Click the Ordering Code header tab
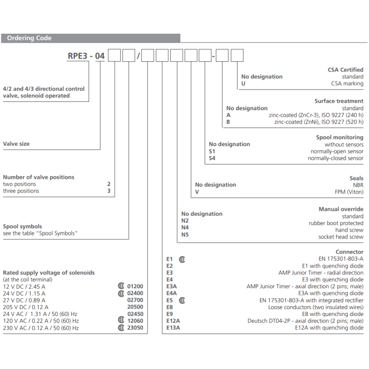[x=29, y=38]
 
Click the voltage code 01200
[x=135, y=286]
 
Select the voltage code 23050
[x=135, y=328]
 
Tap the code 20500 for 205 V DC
[x=135, y=307]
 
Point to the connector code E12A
[x=173, y=321]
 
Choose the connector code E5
[x=169, y=300]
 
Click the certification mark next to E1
[x=182, y=259]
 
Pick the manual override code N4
[x=185, y=227]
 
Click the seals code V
[x=197, y=191]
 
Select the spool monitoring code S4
[x=212, y=158]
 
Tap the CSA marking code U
[x=243, y=83]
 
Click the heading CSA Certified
[x=345, y=70]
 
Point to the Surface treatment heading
[x=339, y=101]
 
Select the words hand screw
[x=349, y=230]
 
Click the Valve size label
[x=16, y=144]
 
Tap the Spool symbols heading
[x=23, y=226]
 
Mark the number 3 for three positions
[x=109, y=191]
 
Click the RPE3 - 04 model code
[x=86, y=56]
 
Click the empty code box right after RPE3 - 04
[x=114, y=56]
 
